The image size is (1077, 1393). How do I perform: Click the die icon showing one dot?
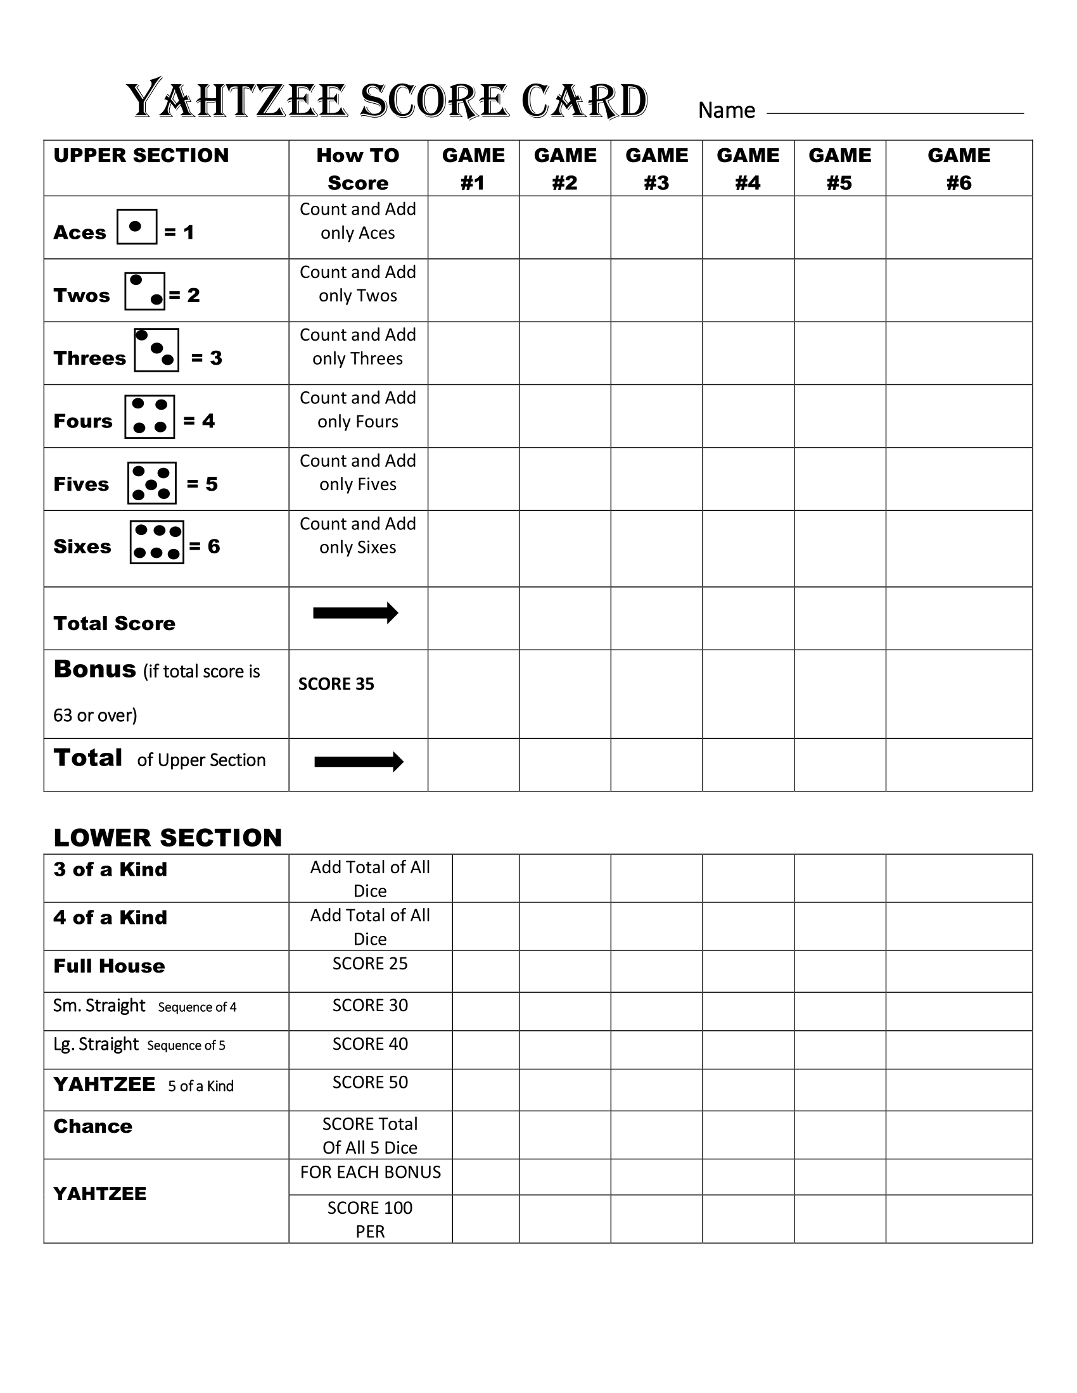(137, 227)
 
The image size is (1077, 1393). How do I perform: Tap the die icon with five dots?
(151, 483)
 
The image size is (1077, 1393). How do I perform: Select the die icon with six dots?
(157, 541)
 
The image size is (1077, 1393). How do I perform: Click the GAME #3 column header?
(656, 168)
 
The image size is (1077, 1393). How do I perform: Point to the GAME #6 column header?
(959, 168)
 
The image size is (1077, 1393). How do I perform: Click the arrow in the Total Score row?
(355, 613)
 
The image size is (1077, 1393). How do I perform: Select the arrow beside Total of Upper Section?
(359, 761)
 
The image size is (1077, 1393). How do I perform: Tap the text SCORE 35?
(336, 684)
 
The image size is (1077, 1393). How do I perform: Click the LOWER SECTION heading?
(167, 838)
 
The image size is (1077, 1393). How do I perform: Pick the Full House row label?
(109, 966)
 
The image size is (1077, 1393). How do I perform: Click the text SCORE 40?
(370, 1043)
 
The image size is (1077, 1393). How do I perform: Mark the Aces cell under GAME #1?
(473, 227)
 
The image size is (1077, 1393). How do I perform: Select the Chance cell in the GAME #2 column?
(564, 1135)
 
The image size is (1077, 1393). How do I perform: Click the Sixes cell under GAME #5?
(839, 548)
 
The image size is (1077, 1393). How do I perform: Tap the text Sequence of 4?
(197, 1007)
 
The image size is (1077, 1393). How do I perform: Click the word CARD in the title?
(584, 101)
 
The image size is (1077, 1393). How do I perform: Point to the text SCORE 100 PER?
(370, 1219)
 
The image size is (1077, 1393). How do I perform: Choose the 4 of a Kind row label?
(110, 917)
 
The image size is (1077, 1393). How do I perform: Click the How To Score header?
(358, 168)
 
